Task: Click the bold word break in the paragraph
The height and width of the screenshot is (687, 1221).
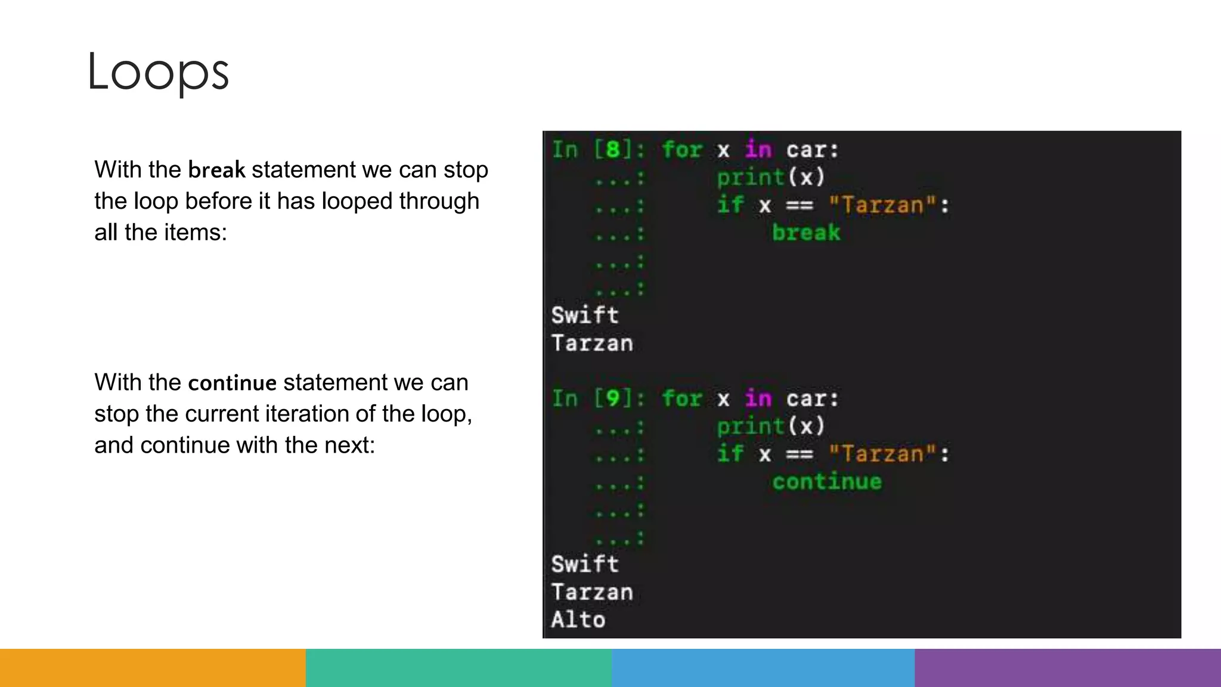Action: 216,170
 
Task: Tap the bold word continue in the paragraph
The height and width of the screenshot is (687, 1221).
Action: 232,383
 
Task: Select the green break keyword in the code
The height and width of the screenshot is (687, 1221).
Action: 806,233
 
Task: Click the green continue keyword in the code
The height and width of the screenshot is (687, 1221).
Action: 827,482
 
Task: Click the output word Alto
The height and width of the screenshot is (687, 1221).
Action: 578,620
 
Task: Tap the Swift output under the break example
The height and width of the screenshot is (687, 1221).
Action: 585,315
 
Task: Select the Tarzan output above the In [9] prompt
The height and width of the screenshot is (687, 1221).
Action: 592,343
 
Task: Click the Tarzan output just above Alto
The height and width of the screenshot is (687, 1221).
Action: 592,592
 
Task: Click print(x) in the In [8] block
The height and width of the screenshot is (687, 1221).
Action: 771,177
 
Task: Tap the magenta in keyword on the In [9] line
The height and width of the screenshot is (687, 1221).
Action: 758,398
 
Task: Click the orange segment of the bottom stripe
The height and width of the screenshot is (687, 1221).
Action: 153,668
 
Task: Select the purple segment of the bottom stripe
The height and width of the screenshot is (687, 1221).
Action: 1068,668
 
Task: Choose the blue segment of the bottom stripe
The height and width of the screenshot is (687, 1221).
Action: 763,668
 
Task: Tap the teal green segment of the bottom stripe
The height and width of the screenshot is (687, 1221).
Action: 458,668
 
